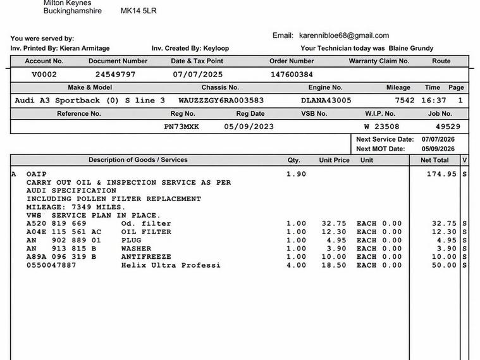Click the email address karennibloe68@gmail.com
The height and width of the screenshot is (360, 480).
pos(344,35)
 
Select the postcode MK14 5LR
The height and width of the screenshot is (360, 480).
pos(138,11)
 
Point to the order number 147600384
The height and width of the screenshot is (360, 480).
pos(292,75)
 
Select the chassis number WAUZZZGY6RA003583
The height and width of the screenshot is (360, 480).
pos(221,101)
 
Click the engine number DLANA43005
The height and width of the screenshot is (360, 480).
pos(326,101)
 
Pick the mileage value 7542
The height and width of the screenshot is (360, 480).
pos(405,101)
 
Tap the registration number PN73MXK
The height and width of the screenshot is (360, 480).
pos(182,127)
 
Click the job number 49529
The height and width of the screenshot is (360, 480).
pos(448,127)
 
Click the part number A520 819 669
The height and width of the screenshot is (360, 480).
pos(56,223)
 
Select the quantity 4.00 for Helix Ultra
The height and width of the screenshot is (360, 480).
pos(296,265)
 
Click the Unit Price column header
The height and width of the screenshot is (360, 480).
pos(334,160)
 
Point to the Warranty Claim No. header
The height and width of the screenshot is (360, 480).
pos(379,61)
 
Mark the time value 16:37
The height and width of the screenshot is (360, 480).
pos(436,101)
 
